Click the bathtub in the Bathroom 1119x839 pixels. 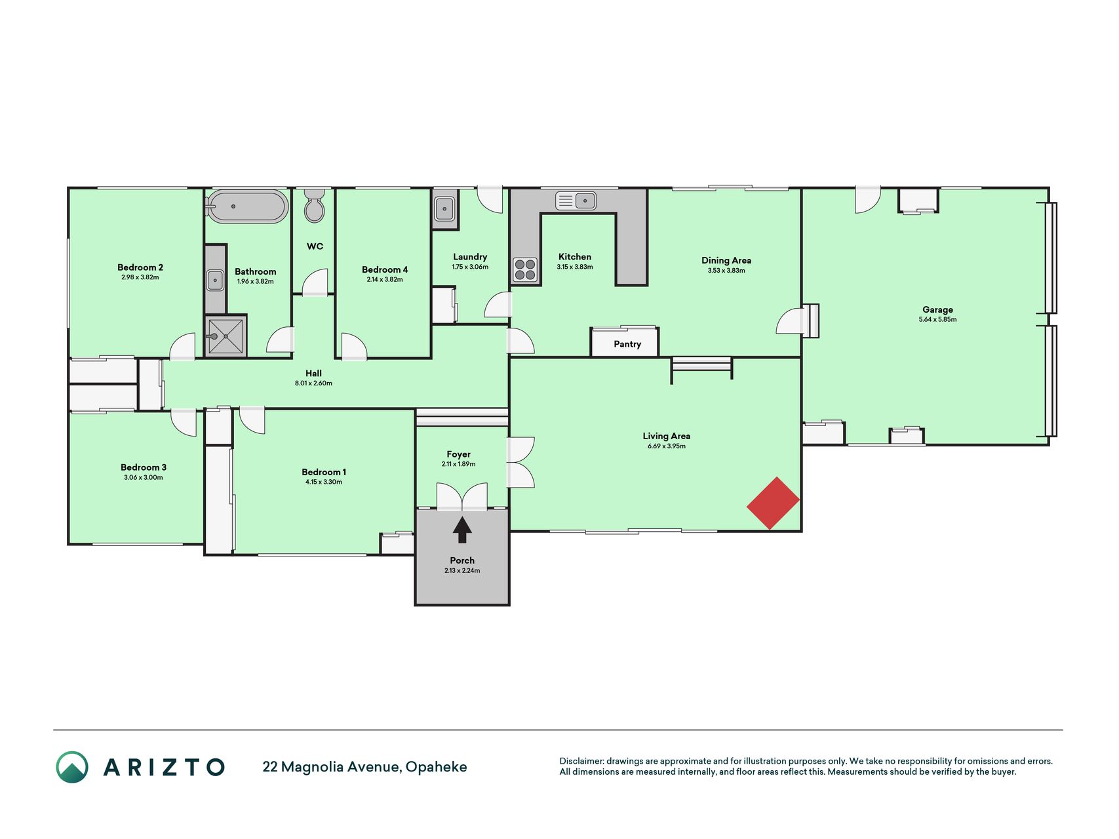(x=247, y=206)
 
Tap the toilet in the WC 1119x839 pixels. (x=315, y=206)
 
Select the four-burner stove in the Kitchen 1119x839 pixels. (x=525, y=269)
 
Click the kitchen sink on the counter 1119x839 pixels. (x=576, y=200)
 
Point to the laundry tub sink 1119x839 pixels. (x=444, y=209)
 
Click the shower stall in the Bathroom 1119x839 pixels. (x=226, y=336)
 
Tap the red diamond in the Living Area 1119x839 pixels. (x=774, y=503)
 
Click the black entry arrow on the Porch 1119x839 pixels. (x=462, y=530)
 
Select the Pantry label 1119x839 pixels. (x=627, y=344)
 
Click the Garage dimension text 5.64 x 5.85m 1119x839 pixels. (x=937, y=320)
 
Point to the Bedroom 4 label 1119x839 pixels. (x=385, y=269)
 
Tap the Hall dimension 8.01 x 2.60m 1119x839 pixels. (x=313, y=383)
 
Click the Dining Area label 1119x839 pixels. (x=726, y=260)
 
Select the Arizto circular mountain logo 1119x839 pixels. (x=72, y=767)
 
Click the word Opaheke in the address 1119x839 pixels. (x=437, y=767)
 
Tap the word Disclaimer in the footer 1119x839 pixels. (x=581, y=761)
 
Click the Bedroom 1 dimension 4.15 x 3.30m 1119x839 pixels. (x=324, y=482)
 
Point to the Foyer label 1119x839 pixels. (x=459, y=454)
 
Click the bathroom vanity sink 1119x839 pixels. (x=215, y=280)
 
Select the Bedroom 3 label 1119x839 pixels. (x=144, y=467)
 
